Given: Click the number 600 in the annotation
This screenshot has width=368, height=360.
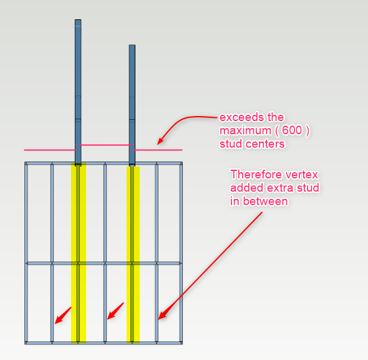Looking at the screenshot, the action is point(292,130).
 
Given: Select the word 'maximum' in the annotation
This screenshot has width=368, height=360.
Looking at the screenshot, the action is point(245,130).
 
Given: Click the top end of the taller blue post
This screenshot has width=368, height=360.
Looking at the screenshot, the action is point(78,20).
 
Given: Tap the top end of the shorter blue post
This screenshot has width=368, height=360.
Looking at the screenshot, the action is point(132,45).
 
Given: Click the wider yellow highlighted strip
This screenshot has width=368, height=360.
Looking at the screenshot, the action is point(79,253).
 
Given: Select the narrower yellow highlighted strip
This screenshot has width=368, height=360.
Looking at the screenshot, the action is point(133,255).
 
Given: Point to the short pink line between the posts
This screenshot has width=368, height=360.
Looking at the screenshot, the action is point(105,145).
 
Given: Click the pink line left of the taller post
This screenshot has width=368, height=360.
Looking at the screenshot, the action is point(51,150).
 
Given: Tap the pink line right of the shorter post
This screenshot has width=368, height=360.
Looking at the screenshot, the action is point(157,150).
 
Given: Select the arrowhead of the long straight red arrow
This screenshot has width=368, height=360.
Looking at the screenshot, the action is point(162,315).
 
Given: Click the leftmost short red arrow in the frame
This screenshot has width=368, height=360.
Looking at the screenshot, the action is point(63,315).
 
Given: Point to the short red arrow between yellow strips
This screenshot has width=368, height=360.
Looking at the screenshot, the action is point(115,311).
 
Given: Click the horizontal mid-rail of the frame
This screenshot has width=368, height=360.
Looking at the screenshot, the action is point(104,263).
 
